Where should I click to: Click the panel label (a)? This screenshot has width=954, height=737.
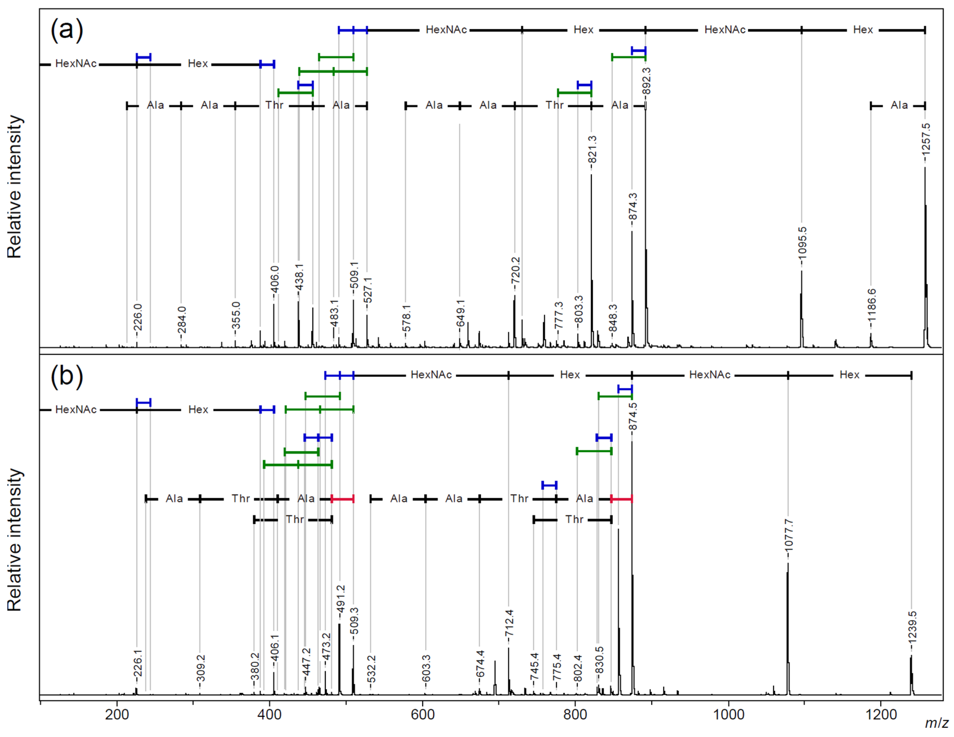[x=66, y=31]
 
